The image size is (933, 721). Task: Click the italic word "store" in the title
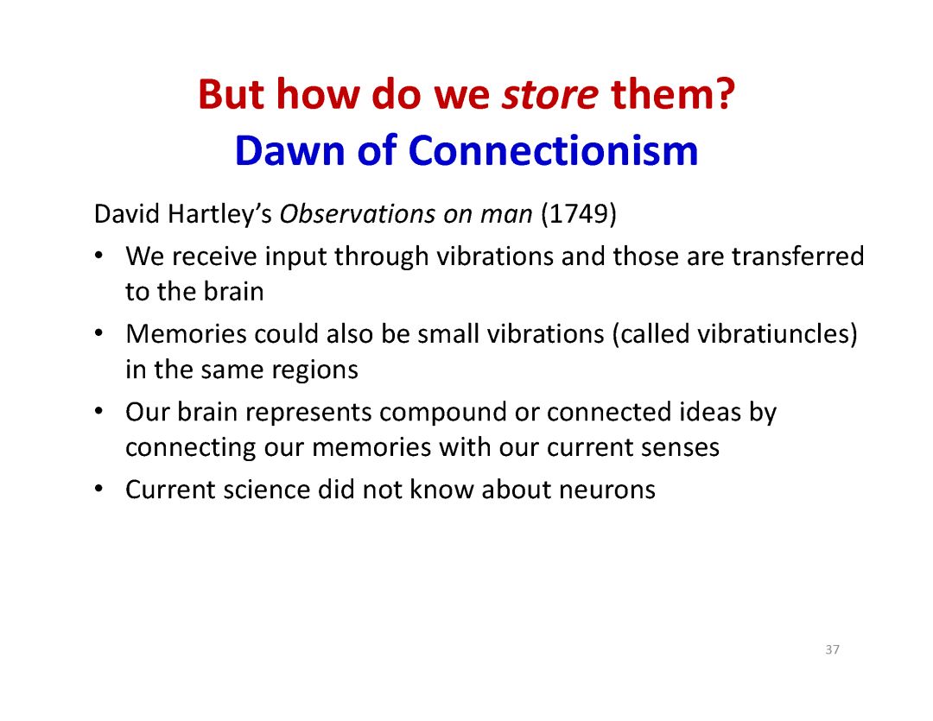click(549, 95)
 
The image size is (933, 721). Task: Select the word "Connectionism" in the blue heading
click(553, 150)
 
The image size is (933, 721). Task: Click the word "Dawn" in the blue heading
click(289, 150)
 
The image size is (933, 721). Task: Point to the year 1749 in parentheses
click(578, 214)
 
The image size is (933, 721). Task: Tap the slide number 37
click(833, 649)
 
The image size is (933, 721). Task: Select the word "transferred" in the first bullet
click(798, 256)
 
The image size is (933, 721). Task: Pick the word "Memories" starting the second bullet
click(187, 333)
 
